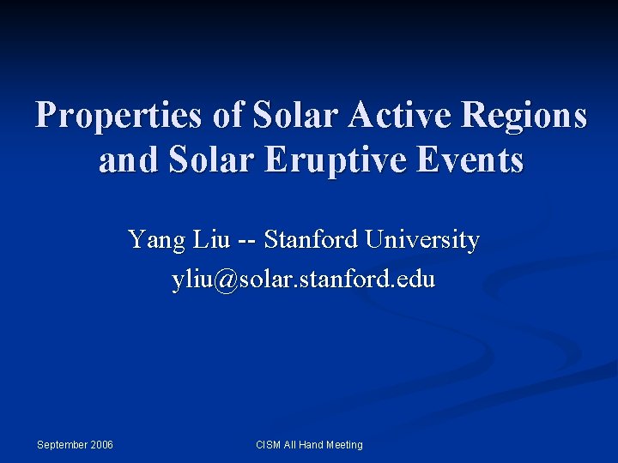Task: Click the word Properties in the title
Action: point(119,116)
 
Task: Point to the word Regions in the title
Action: point(525,116)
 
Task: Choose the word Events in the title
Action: point(473,159)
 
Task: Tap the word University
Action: point(422,240)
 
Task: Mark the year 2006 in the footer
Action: point(100,444)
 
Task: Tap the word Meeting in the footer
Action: point(342,444)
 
